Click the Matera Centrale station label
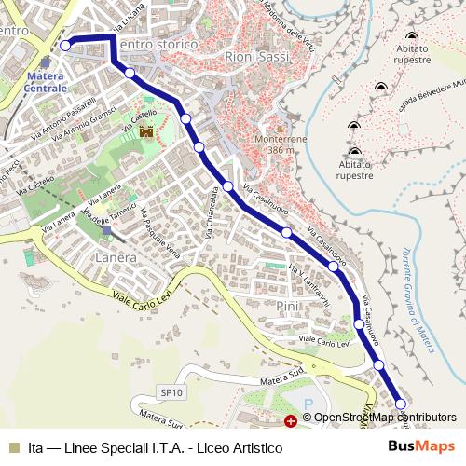46,81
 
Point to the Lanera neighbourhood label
117,254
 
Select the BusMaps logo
421,447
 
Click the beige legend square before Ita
13,447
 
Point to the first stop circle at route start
65,45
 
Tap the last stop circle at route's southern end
402,403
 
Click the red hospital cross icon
291,421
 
